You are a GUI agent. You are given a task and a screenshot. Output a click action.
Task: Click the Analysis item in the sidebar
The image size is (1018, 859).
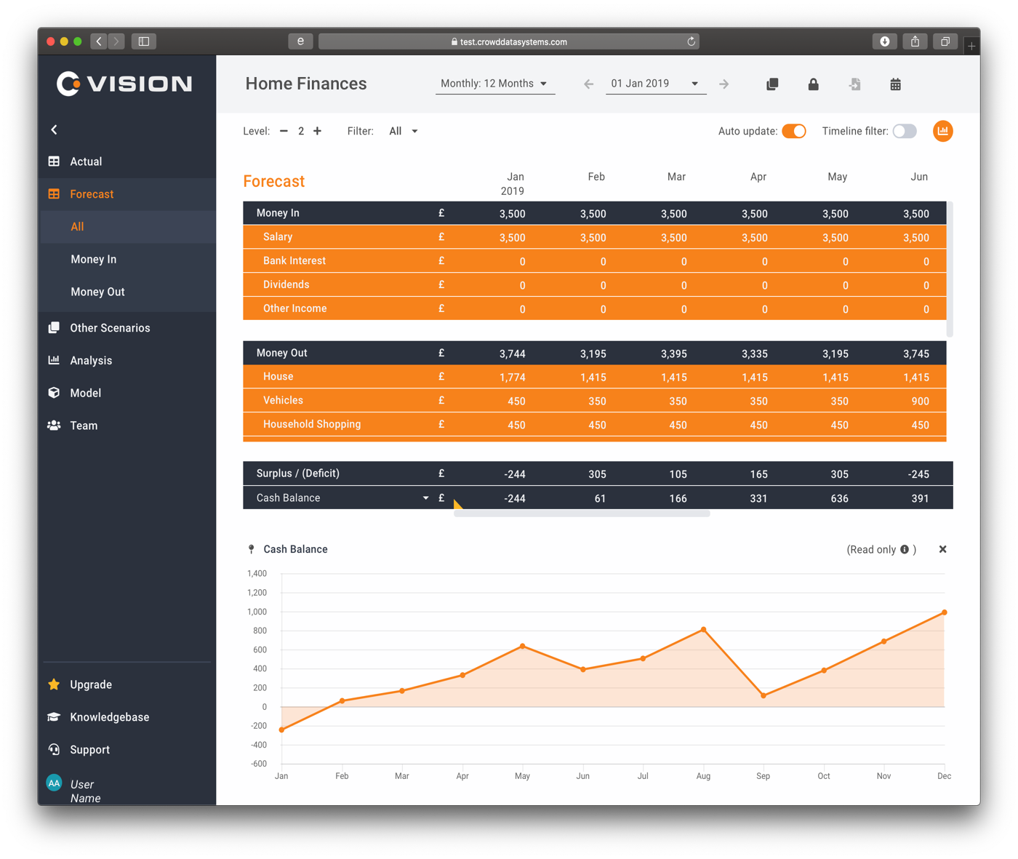click(x=90, y=360)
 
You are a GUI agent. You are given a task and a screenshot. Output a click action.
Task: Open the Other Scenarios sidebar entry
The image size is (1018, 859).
click(x=110, y=328)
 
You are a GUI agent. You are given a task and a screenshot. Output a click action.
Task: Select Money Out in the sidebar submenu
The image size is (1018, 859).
click(x=97, y=292)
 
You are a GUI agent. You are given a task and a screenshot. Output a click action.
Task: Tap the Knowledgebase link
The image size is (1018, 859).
click(x=109, y=717)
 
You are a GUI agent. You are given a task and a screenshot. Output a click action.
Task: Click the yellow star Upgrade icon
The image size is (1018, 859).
click(x=54, y=684)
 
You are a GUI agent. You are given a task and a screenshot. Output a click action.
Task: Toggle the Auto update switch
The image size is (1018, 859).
click(x=794, y=131)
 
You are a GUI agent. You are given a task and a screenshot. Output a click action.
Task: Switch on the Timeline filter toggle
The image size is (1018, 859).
click(x=905, y=131)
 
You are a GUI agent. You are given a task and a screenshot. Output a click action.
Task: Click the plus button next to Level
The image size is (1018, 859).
click(x=317, y=131)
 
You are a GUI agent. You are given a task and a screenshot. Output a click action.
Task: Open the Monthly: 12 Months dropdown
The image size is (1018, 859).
click(x=494, y=84)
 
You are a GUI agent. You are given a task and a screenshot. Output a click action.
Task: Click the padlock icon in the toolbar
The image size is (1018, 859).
click(x=813, y=84)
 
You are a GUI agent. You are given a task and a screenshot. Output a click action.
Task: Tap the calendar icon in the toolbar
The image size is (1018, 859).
click(x=895, y=84)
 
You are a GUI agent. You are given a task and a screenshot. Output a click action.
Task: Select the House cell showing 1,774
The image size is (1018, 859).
click(x=512, y=377)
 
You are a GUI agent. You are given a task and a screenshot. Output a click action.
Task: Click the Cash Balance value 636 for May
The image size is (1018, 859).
click(x=839, y=498)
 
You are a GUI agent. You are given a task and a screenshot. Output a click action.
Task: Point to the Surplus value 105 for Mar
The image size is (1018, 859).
click(x=678, y=474)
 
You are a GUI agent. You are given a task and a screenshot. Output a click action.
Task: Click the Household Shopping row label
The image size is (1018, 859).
click(x=311, y=424)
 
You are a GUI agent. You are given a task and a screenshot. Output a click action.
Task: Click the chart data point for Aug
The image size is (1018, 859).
click(x=703, y=630)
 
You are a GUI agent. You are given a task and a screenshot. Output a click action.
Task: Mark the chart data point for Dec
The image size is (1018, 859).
click(x=944, y=612)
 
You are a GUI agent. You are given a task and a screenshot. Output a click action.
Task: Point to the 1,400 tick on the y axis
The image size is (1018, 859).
click(x=257, y=574)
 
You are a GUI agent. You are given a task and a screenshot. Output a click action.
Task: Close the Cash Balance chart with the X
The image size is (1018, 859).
click(x=942, y=549)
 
